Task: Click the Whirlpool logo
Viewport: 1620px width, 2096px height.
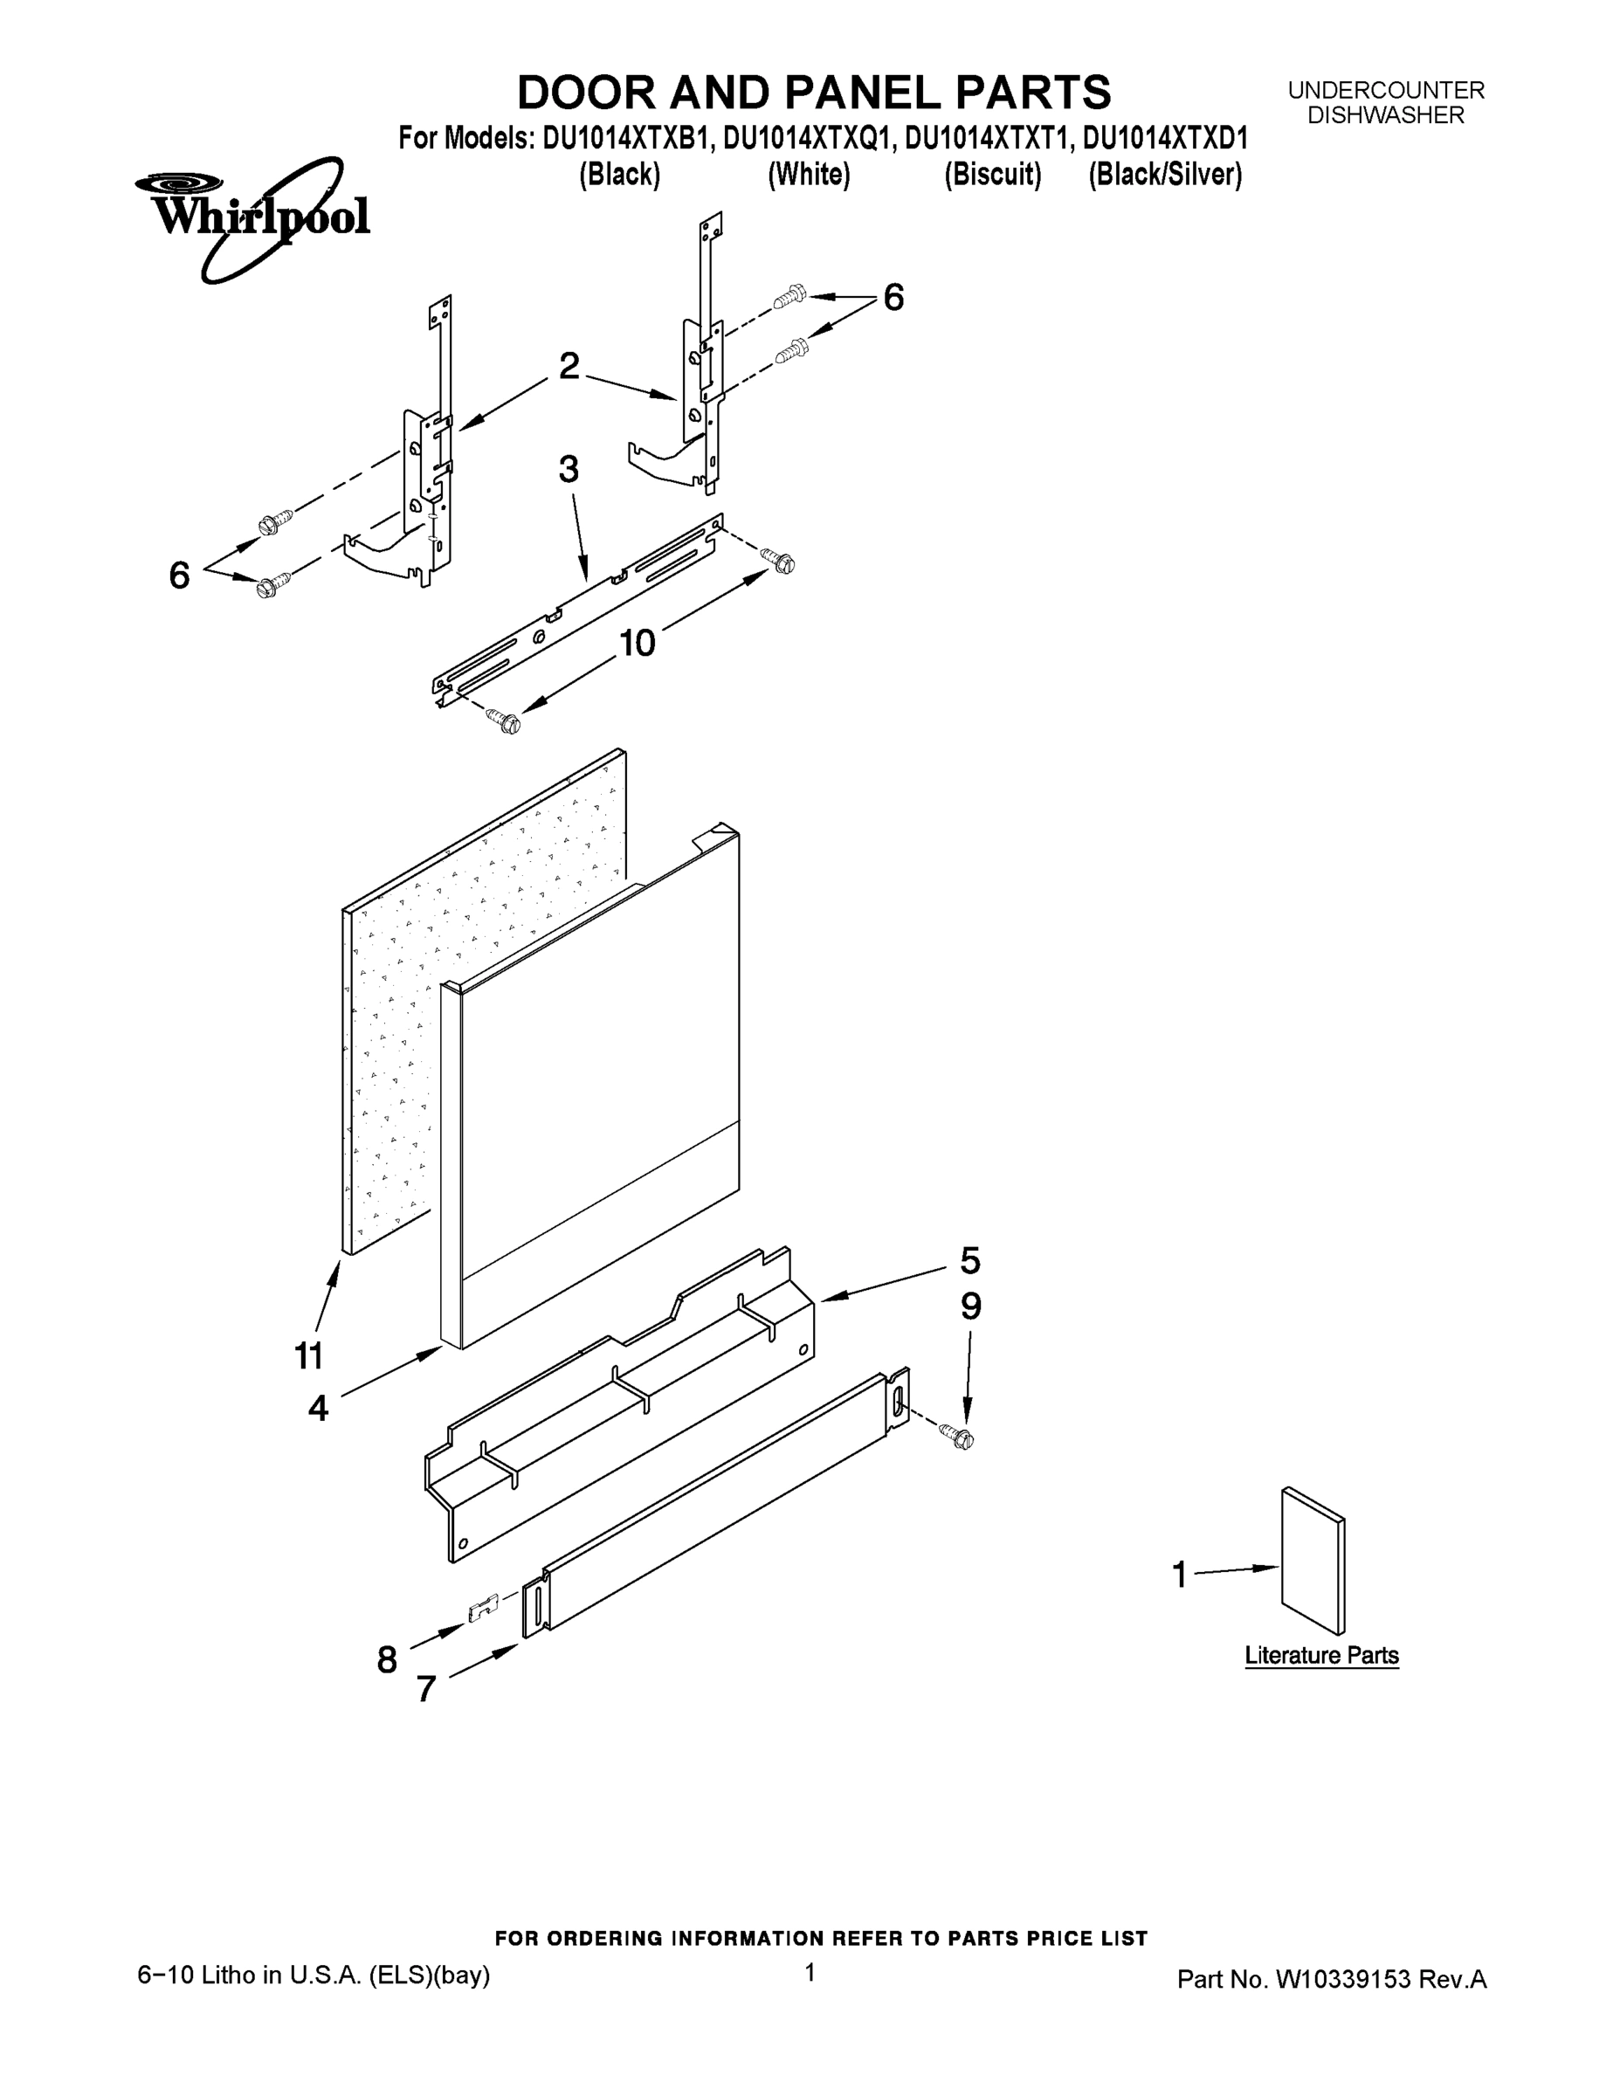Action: click(x=252, y=217)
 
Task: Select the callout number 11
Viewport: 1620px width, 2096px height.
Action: click(x=309, y=1356)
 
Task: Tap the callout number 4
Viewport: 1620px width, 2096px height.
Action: click(x=319, y=1408)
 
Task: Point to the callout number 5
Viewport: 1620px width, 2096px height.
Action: click(x=970, y=1260)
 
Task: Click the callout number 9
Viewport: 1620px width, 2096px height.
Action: click(x=971, y=1307)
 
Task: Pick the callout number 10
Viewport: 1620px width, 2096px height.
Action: click(x=638, y=643)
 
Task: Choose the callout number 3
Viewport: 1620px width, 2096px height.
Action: click(x=569, y=469)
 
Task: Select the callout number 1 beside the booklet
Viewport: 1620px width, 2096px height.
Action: click(x=1181, y=1574)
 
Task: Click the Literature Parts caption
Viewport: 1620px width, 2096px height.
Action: click(x=1321, y=1656)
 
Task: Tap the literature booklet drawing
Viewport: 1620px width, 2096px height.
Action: click(x=1313, y=1561)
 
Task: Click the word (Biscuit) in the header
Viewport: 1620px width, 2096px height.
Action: click(x=992, y=176)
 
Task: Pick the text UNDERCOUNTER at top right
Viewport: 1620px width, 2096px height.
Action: click(x=1386, y=90)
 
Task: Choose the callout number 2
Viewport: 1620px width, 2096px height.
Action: click(x=569, y=366)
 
